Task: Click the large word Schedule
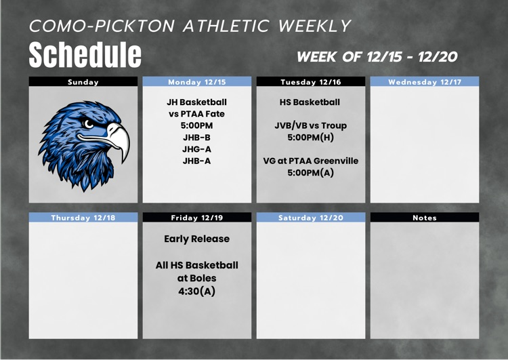pos(85,55)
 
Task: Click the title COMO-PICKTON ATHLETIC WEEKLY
pos(190,26)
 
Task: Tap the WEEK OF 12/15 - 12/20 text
pos(377,56)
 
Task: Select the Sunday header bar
pos(83,82)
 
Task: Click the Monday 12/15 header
pos(196,82)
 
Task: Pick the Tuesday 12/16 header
pos(310,82)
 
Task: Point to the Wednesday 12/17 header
pos(424,82)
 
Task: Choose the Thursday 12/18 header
pos(83,218)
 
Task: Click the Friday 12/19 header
pos(196,218)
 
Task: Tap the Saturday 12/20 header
pos(310,218)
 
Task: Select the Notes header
pos(424,218)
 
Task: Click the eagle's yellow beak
pos(119,140)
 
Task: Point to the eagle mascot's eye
pos(89,124)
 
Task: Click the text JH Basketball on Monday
pos(196,102)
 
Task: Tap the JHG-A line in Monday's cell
pos(196,149)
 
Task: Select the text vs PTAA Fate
pos(196,114)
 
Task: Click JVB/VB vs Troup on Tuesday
pos(310,125)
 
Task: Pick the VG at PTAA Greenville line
pos(310,161)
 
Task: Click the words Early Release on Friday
pos(196,239)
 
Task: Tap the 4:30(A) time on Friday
pos(196,292)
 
